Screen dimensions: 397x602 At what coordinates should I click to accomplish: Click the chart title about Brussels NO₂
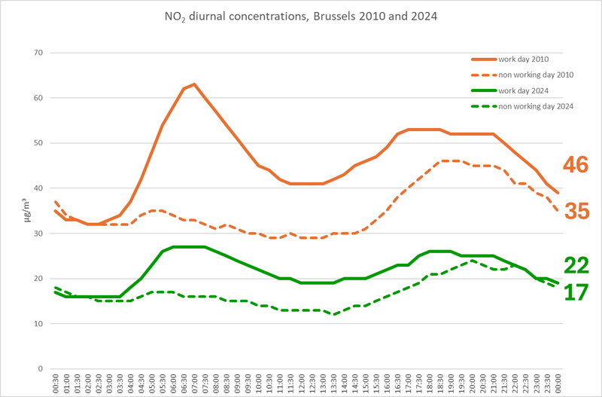(x=301, y=15)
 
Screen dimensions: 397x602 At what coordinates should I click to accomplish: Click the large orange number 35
(x=576, y=212)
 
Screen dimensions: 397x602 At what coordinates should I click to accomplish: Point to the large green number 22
(x=576, y=265)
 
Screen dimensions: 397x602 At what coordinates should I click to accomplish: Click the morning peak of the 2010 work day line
(x=194, y=84)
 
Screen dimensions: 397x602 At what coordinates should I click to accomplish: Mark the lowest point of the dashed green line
(x=333, y=315)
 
